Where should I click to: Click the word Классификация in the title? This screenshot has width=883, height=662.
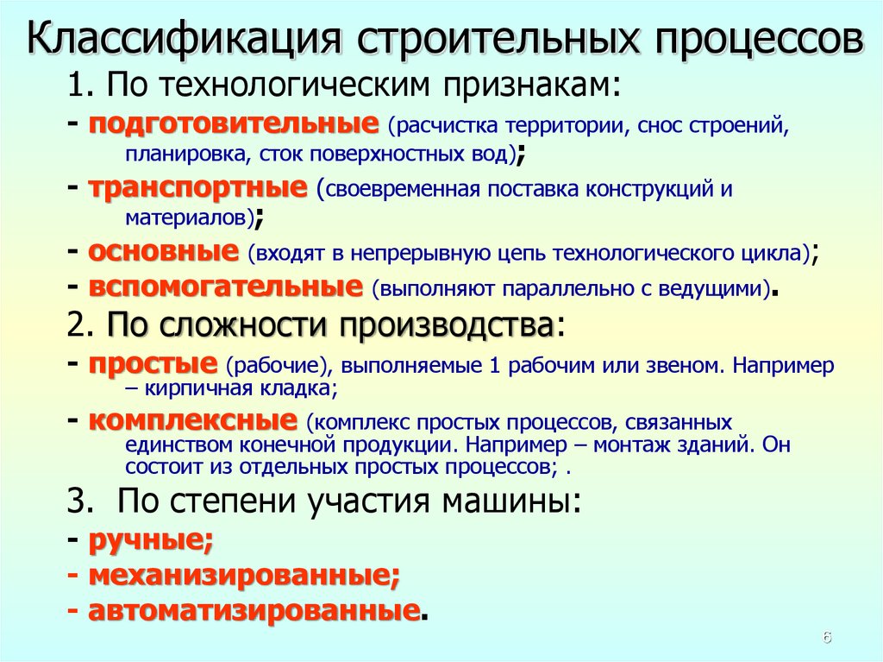pyautogui.click(x=184, y=38)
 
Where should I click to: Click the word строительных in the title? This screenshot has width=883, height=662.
pyautogui.click(x=499, y=38)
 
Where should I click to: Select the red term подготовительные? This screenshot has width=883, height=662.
pyautogui.click(x=234, y=124)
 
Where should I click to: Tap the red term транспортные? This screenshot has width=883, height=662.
pyautogui.click(x=198, y=189)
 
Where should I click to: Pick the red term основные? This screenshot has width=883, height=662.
pyautogui.click(x=163, y=251)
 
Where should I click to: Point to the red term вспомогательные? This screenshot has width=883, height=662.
pyautogui.click(x=226, y=287)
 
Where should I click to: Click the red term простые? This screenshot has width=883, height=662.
pyautogui.click(x=153, y=365)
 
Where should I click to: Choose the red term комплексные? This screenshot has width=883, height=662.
pyautogui.click(x=192, y=420)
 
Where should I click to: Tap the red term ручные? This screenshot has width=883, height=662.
pyautogui.click(x=151, y=541)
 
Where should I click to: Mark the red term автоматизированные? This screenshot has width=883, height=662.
pyautogui.click(x=254, y=611)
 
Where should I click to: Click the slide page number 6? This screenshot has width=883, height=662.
pyautogui.click(x=827, y=638)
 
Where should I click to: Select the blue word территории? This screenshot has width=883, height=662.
pyautogui.click(x=567, y=126)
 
